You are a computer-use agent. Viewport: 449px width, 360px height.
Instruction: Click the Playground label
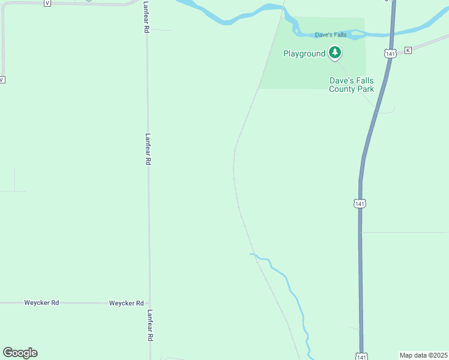(304, 53)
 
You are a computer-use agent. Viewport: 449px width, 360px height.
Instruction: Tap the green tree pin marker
(335, 53)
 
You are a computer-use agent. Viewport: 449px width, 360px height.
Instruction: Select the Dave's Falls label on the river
(331, 35)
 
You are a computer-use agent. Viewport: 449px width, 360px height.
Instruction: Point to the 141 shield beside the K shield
(391, 54)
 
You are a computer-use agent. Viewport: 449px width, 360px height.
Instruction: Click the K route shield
(408, 50)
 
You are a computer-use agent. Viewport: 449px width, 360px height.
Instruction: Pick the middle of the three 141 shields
(360, 204)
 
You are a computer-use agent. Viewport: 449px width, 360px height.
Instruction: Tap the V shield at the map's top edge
(47, 2)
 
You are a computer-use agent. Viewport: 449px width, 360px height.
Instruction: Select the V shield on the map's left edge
(2, 80)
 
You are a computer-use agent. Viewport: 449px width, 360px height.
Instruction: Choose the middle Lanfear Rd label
(148, 149)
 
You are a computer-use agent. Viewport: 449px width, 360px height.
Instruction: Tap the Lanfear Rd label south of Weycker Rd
(149, 325)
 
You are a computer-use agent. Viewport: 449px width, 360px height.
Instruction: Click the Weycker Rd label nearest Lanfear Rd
(126, 303)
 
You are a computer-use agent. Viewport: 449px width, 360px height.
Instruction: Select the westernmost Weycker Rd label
(41, 303)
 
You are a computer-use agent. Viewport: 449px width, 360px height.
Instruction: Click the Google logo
(20, 352)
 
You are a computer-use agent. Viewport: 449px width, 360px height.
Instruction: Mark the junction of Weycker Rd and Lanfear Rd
(149, 303)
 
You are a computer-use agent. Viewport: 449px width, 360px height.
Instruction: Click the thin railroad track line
(235, 180)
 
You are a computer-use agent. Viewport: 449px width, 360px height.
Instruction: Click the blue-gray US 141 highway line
(360, 270)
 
